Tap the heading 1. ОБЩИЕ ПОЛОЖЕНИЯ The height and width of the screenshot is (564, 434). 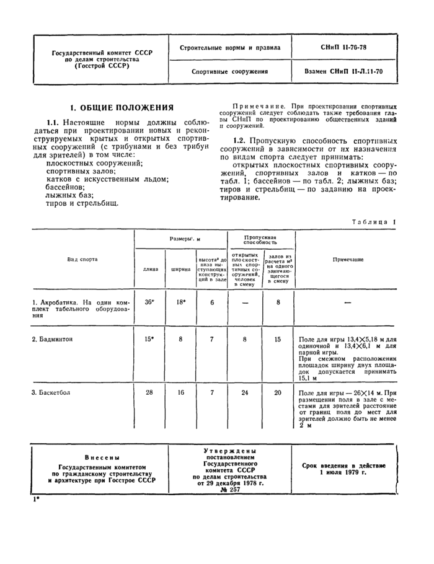(122, 107)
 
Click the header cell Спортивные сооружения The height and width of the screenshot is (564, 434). (232, 71)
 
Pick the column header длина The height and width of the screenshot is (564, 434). (150, 270)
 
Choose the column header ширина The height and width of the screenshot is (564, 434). (180, 270)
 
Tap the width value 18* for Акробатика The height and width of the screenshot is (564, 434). (180, 302)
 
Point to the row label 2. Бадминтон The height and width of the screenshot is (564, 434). (53, 340)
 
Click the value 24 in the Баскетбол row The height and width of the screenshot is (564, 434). (245, 393)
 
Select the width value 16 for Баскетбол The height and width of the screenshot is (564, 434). (180, 393)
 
